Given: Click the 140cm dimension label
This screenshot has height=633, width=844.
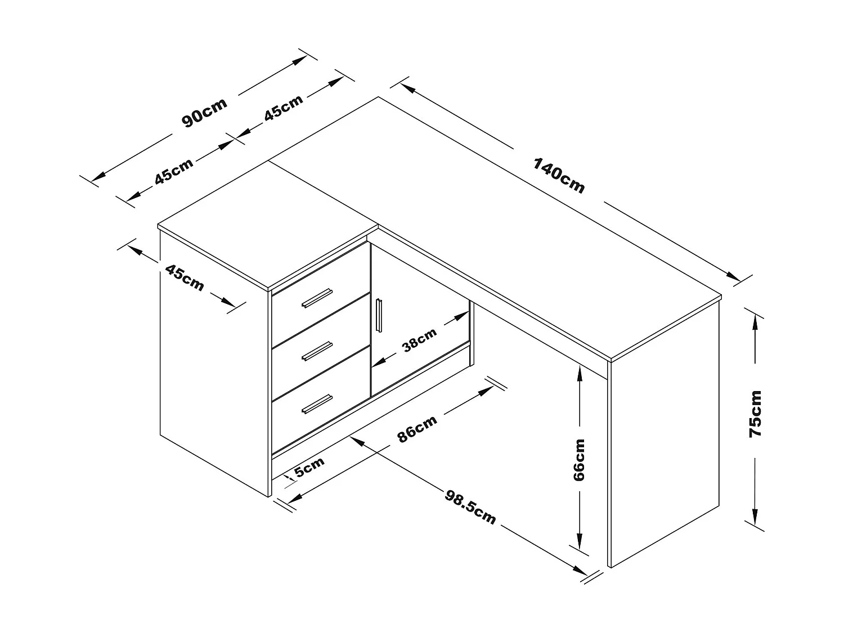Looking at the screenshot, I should pyautogui.click(x=559, y=176).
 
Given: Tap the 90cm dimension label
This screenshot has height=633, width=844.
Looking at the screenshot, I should pyautogui.click(x=204, y=113).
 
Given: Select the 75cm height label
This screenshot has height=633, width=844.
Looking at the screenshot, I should pyautogui.click(x=755, y=414).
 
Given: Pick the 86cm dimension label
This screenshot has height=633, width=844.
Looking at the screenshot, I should pyautogui.click(x=417, y=429).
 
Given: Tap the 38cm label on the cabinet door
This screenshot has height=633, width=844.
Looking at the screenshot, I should pyautogui.click(x=420, y=340).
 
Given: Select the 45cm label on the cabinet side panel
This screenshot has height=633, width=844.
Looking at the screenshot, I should pyautogui.click(x=185, y=277).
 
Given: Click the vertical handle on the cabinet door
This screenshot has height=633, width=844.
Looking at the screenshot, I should pyautogui.click(x=378, y=315).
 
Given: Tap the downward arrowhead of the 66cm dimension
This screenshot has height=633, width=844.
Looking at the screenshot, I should pyautogui.click(x=578, y=543).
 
